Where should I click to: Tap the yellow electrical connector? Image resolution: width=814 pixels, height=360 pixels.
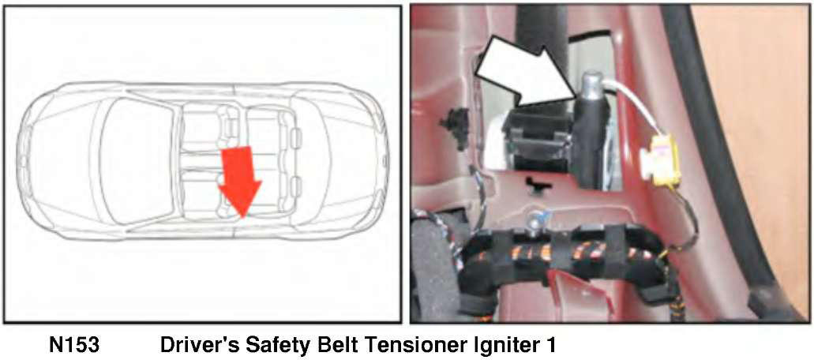point(658,159)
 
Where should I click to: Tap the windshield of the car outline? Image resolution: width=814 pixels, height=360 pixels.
point(137,161)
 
